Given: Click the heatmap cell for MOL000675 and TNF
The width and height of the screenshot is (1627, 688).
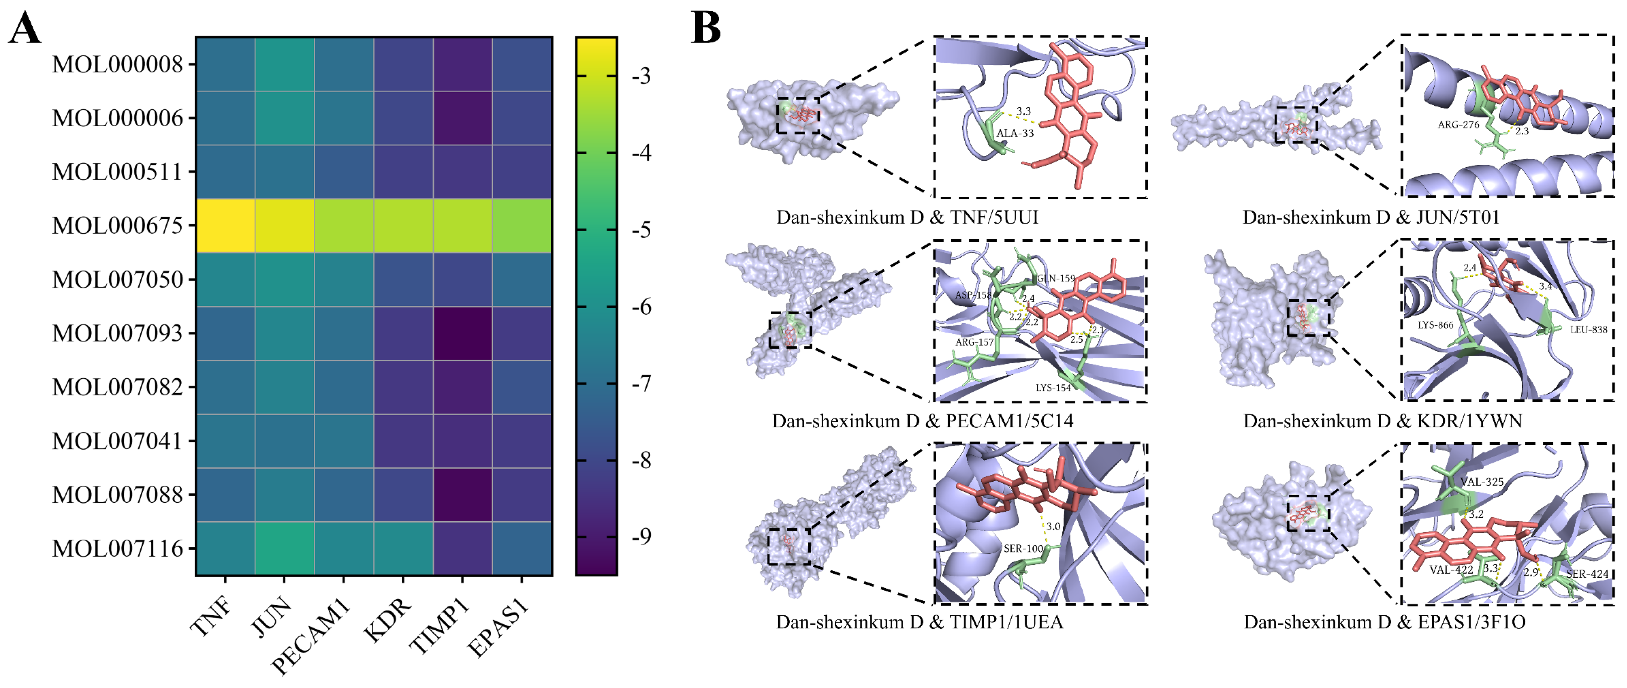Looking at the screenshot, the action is (x=225, y=225).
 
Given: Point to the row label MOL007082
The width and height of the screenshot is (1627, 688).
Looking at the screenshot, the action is (x=118, y=387).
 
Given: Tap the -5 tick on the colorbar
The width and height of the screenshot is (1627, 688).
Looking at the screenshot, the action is (x=642, y=230).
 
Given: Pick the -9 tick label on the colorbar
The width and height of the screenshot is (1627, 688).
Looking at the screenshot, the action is (x=642, y=537).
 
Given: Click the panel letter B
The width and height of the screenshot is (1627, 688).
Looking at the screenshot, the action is (x=706, y=28).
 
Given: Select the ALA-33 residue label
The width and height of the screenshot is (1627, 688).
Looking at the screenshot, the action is (x=1015, y=133).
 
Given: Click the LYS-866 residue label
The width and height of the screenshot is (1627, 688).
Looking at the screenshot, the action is (x=1435, y=325).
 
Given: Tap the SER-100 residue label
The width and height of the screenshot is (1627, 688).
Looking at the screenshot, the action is (x=1023, y=548).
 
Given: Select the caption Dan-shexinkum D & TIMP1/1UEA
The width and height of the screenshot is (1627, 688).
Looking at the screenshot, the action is (x=919, y=622).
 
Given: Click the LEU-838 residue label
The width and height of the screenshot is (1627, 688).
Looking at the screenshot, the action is (x=1588, y=330).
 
